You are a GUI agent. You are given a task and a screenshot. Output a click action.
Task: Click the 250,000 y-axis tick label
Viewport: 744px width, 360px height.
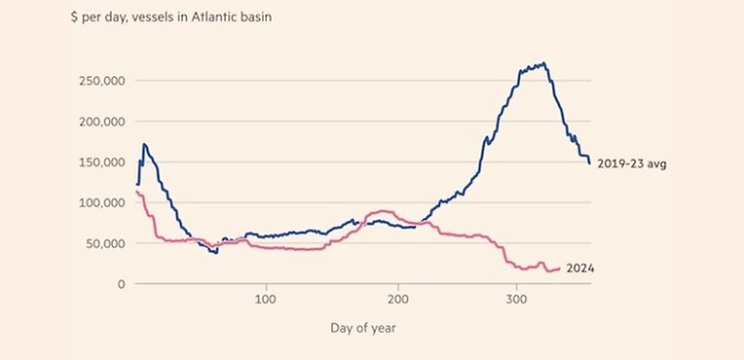(102, 81)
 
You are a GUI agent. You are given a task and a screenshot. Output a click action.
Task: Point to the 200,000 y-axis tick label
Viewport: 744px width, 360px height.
(102, 122)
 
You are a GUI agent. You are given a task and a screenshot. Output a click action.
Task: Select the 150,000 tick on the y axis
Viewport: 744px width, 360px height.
(102, 163)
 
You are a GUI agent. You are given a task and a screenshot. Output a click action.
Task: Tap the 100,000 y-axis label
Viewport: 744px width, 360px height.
(102, 203)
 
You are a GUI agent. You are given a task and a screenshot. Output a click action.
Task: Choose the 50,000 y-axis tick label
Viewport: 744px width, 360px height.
(105, 244)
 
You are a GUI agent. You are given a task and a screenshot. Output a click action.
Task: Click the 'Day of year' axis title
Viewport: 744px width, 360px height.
(363, 328)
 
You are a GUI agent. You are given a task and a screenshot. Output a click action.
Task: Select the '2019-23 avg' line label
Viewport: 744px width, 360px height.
(631, 163)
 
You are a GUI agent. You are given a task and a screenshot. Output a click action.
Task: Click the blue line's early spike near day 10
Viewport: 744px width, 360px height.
(144, 144)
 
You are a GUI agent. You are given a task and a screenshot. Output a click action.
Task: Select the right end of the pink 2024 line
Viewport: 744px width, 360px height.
(560, 268)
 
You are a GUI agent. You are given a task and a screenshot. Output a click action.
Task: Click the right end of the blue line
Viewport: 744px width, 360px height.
(589, 163)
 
